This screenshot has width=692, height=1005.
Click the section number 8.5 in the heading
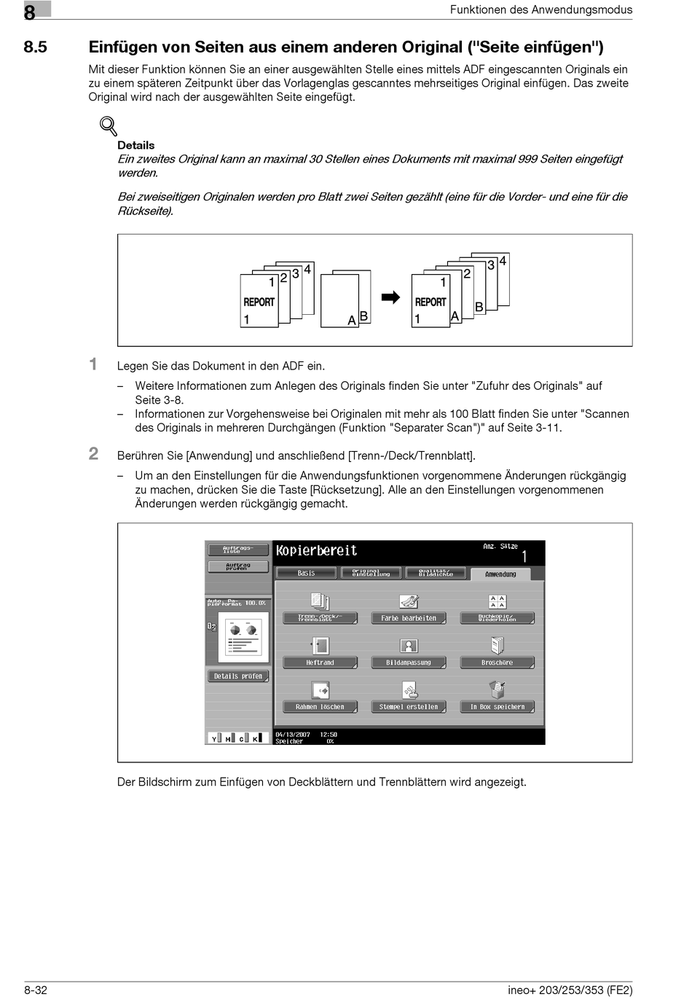(35, 47)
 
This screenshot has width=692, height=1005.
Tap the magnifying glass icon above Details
(109, 126)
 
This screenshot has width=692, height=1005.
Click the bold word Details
(135, 145)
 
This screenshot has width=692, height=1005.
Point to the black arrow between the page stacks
(391, 297)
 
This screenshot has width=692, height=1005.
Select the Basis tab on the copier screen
(307, 573)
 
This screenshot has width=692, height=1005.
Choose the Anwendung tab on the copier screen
(500, 574)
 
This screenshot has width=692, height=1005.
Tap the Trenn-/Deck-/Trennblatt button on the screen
(320, 618)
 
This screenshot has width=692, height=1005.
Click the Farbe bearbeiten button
(409, 618)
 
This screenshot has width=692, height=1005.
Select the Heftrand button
(320, 662)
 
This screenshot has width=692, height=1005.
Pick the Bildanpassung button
(409, 662)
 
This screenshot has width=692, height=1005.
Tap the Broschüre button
(497, 662)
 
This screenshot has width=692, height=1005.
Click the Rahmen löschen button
(320, 707)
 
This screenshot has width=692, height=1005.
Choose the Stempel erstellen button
(409, 707)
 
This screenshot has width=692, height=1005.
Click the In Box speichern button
(497, 707)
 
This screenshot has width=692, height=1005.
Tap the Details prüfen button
(238, 676)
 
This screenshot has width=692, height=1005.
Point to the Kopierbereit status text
(317, 551)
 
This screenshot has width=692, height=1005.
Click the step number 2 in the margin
(93, 454)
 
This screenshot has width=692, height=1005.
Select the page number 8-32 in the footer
(36, 990)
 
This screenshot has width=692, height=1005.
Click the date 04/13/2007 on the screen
(293, 735)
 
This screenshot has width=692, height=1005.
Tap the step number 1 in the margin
(93, 364)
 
